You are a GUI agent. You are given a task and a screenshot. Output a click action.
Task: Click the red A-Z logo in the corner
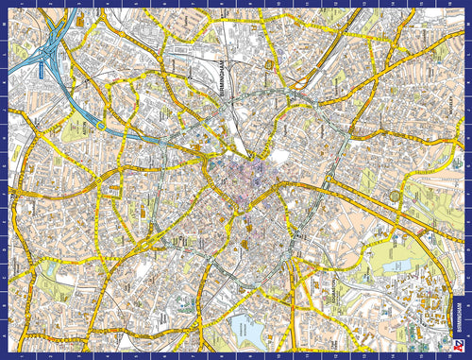[460, 346]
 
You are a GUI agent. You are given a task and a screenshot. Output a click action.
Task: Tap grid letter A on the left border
[6, 337]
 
